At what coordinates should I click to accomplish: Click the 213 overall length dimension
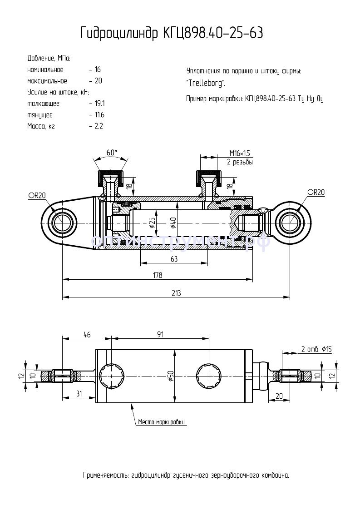pos(176,293)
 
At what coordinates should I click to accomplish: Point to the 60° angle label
pos(111,153)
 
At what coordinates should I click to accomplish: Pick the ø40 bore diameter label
pos(173,222)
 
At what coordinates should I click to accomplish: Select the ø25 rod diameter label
pos(152,222)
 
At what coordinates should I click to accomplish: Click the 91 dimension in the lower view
pos(160,335)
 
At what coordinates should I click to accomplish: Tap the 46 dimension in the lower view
pos(87,335)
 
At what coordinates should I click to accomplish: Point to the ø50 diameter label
pos(170,376)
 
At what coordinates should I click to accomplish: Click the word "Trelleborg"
pos(205,84)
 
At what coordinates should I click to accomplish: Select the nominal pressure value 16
pos(98,70)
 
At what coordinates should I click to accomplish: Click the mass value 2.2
pos(99,126)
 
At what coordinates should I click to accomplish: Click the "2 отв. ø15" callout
pos(316,349)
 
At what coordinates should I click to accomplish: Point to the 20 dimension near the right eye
pos(279,396)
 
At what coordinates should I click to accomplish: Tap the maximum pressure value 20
pos(98,81)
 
